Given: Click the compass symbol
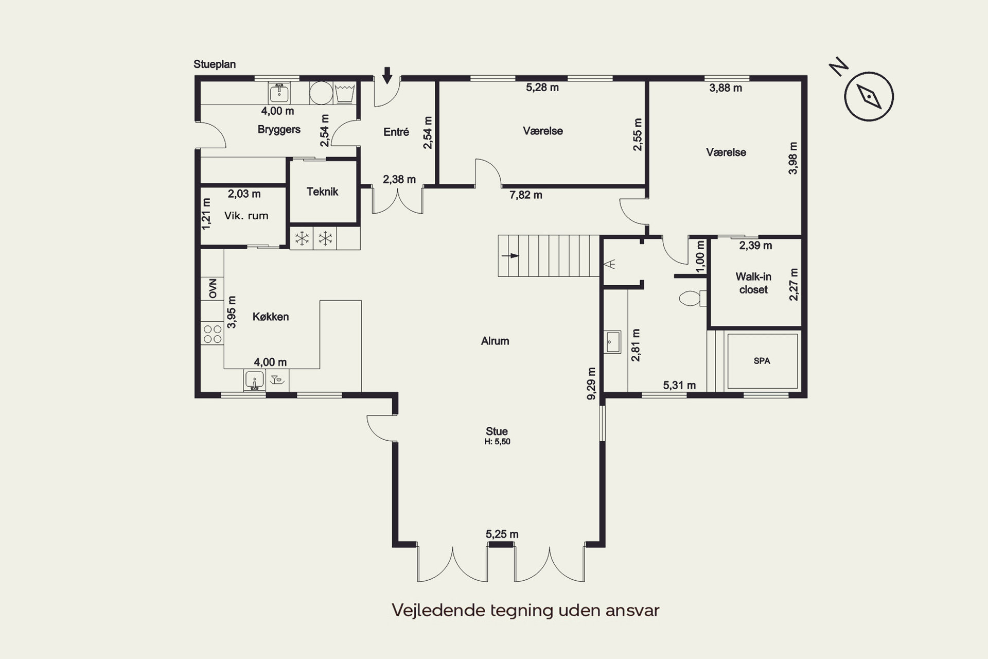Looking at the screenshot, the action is [x=869, y=97].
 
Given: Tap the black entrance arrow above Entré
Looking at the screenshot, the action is [x=387, y=75].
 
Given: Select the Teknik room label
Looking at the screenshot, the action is [x=323, y=192].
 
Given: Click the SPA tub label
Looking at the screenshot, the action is [x=762, y=361].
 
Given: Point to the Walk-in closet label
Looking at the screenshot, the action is [x=753, y=283].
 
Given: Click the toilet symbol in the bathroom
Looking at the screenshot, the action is [x=693, y=298].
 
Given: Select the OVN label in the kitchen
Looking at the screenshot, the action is [x=213, y=288].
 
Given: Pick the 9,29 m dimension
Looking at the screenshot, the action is [x=591, y=383].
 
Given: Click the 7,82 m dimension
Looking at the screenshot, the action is [x=526, y=195].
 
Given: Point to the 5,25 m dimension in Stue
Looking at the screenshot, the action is [x=502, y=534].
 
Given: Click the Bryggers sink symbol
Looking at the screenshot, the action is [x=279, y=93].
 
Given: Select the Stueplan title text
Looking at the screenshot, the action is [x=215, y=64].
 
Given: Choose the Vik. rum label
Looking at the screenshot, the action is [x=246, y=216].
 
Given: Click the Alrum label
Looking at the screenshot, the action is [x=495, y=341].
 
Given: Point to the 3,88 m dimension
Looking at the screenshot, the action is [x=726, y=88].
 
